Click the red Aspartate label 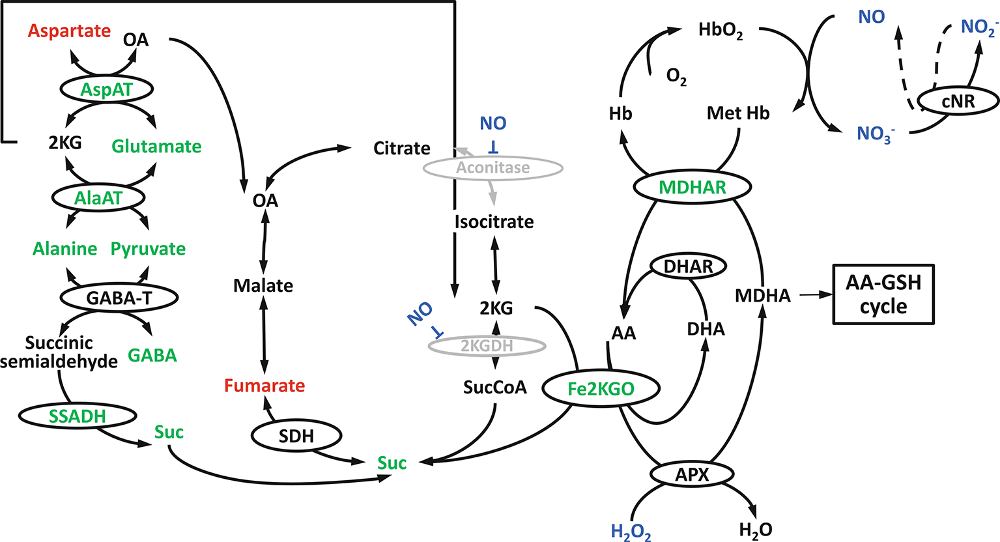[x=69, y=31]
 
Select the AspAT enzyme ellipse [x=106, y=90]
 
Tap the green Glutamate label [x=156, y=146]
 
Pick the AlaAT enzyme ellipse [x=98, y=197]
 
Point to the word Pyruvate [x=148, y=249]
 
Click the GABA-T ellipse [x=119, y=298]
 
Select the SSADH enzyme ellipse [x=78, y=416]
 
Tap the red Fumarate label [x=264, y=386]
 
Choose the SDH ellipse [x=296, y=437]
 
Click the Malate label [x=263, y=285]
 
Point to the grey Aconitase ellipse [x=493, y=168]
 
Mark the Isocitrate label [x=494, y=221]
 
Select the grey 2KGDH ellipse [x=487, y=346]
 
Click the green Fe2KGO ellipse [x=601, y=390]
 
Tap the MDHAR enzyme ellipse [x=692, y=188]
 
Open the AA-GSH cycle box [x=883, y=294]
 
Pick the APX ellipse [x=691, y=474]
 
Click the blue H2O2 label [x=631, y=531]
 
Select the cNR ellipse [x=958, y=101]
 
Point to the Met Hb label [x=737, y=113]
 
